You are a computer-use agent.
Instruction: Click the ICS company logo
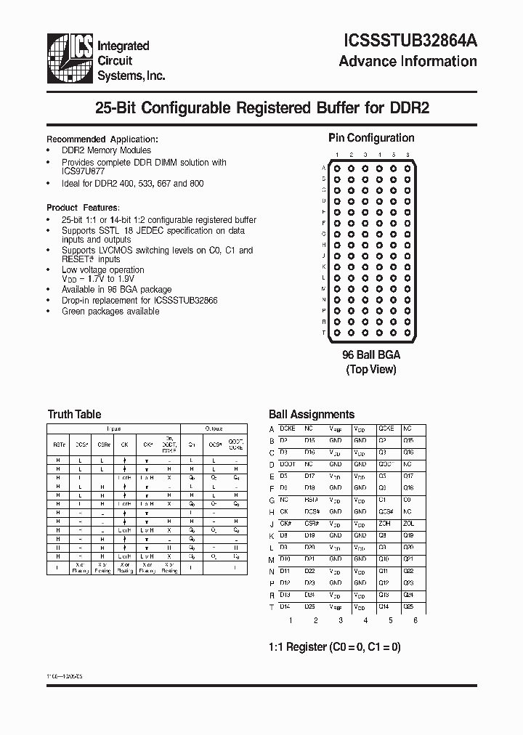tap(70, 57)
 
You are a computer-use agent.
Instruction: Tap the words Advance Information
tap(408, 61)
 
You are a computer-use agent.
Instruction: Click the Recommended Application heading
tap(102, 139)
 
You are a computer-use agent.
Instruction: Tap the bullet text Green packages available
tap(110, 312)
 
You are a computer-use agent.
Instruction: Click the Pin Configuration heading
tap(371, 138)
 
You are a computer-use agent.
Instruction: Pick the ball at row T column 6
tap(408, 332)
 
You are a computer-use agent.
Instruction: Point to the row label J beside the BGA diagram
tap(323, 256)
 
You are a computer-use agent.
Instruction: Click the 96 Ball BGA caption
tap(371, 355)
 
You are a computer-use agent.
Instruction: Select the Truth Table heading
tap(74, 415)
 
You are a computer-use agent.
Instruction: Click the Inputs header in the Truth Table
tap(114, 429)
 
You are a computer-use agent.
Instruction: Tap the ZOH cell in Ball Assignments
tap(384, 524)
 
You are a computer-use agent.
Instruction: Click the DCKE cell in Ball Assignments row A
tap(288, 429)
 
